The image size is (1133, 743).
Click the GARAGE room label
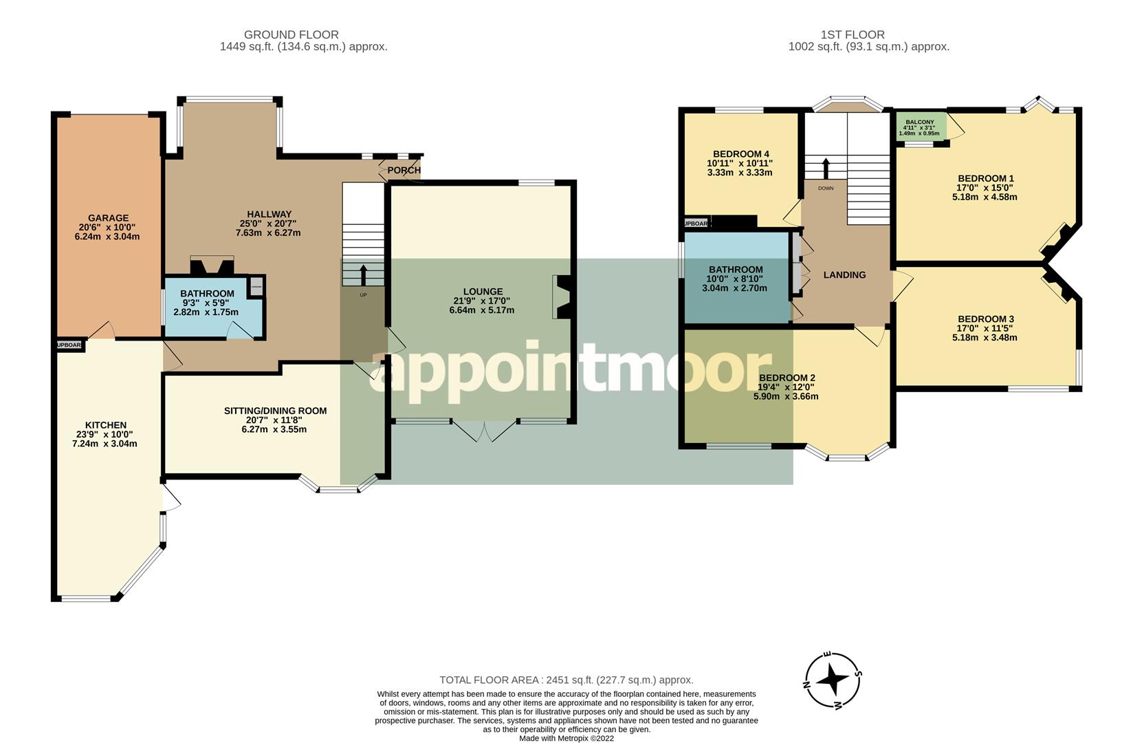[108, 218]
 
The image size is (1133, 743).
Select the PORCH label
[404, 170]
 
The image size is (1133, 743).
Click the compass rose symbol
[833, 680]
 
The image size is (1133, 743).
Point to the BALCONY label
[919, 122]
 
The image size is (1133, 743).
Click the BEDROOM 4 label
[740, 154]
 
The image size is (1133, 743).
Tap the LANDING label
[844, 275]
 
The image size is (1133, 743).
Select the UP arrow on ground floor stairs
[363, 274]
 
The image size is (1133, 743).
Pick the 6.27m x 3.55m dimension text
[274, 429]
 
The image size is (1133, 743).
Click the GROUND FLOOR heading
[291, 34]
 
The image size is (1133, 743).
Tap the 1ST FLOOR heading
[852, 34]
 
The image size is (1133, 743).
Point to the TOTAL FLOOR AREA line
[566, 680]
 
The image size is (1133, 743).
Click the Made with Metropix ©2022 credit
[566, 738]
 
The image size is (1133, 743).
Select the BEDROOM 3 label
[985, 319]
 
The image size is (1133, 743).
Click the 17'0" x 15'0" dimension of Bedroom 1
[984, 187]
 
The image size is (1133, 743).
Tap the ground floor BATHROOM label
[207, 294]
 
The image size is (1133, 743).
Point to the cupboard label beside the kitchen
[69, 345]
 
